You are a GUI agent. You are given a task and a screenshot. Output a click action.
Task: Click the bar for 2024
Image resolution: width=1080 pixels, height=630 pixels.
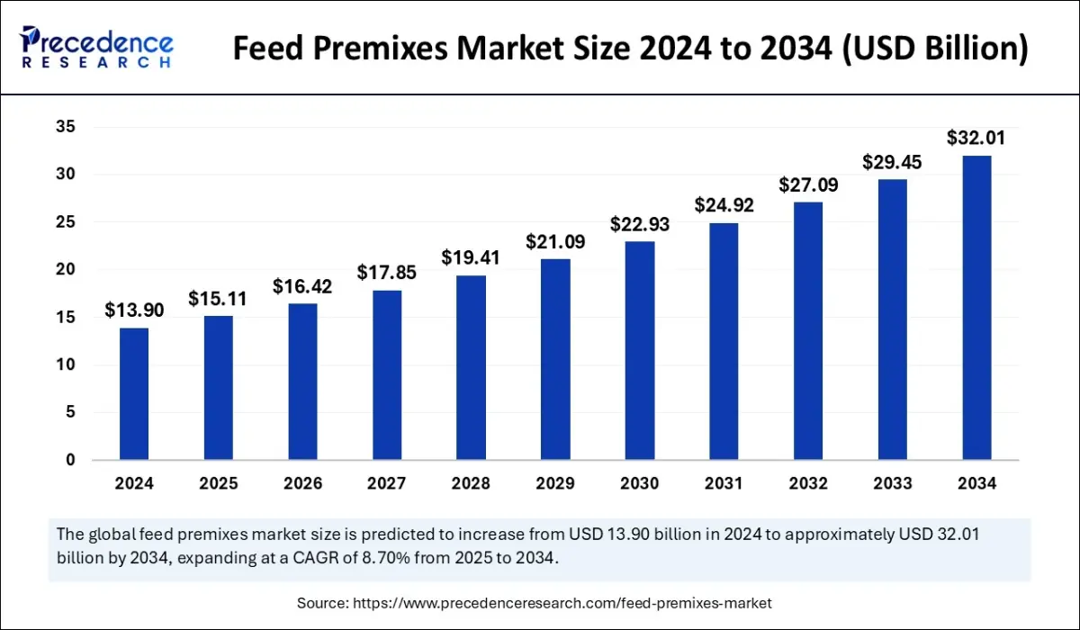134,394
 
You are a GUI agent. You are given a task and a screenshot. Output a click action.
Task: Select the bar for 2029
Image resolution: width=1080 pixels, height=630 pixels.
555,359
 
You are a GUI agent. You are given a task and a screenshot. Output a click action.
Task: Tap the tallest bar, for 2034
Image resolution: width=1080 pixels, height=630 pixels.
976,308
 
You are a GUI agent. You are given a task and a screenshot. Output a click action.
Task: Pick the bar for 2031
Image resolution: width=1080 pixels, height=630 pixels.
724,341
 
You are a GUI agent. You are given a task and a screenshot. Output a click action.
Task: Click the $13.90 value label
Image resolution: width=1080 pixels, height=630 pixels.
134,310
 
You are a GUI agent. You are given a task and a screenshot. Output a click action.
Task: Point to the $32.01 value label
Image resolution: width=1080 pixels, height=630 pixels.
976,139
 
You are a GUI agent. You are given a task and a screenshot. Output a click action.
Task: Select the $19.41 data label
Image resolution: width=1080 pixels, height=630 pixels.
471,257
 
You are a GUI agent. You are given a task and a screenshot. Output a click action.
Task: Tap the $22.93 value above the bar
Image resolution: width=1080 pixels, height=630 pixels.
640,224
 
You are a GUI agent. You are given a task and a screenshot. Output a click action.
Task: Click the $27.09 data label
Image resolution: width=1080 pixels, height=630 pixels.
808,184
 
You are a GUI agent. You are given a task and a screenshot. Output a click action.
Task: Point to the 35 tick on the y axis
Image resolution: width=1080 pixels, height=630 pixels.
66,127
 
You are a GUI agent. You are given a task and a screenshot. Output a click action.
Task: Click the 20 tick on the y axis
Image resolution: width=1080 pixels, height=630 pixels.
66,270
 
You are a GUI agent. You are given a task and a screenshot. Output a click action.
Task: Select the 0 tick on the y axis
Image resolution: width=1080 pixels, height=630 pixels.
70,460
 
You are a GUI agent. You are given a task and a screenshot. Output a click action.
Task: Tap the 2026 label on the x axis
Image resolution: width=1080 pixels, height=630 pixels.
302,483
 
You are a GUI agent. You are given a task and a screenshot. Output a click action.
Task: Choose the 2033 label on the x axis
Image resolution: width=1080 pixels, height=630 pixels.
893,483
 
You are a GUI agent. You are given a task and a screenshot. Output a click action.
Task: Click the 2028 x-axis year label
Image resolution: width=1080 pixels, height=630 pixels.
471,483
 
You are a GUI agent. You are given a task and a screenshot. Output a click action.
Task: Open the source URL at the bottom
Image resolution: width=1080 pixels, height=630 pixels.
534,602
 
